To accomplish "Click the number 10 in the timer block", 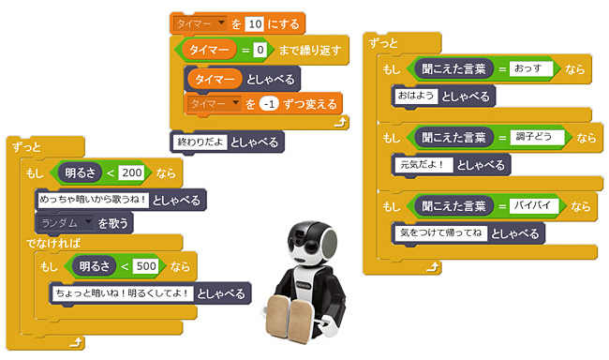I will (253, 22).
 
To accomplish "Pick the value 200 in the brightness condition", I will (132, 172).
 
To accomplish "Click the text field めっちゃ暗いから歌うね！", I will (92, 199).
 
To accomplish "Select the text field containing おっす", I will (533, 69).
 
